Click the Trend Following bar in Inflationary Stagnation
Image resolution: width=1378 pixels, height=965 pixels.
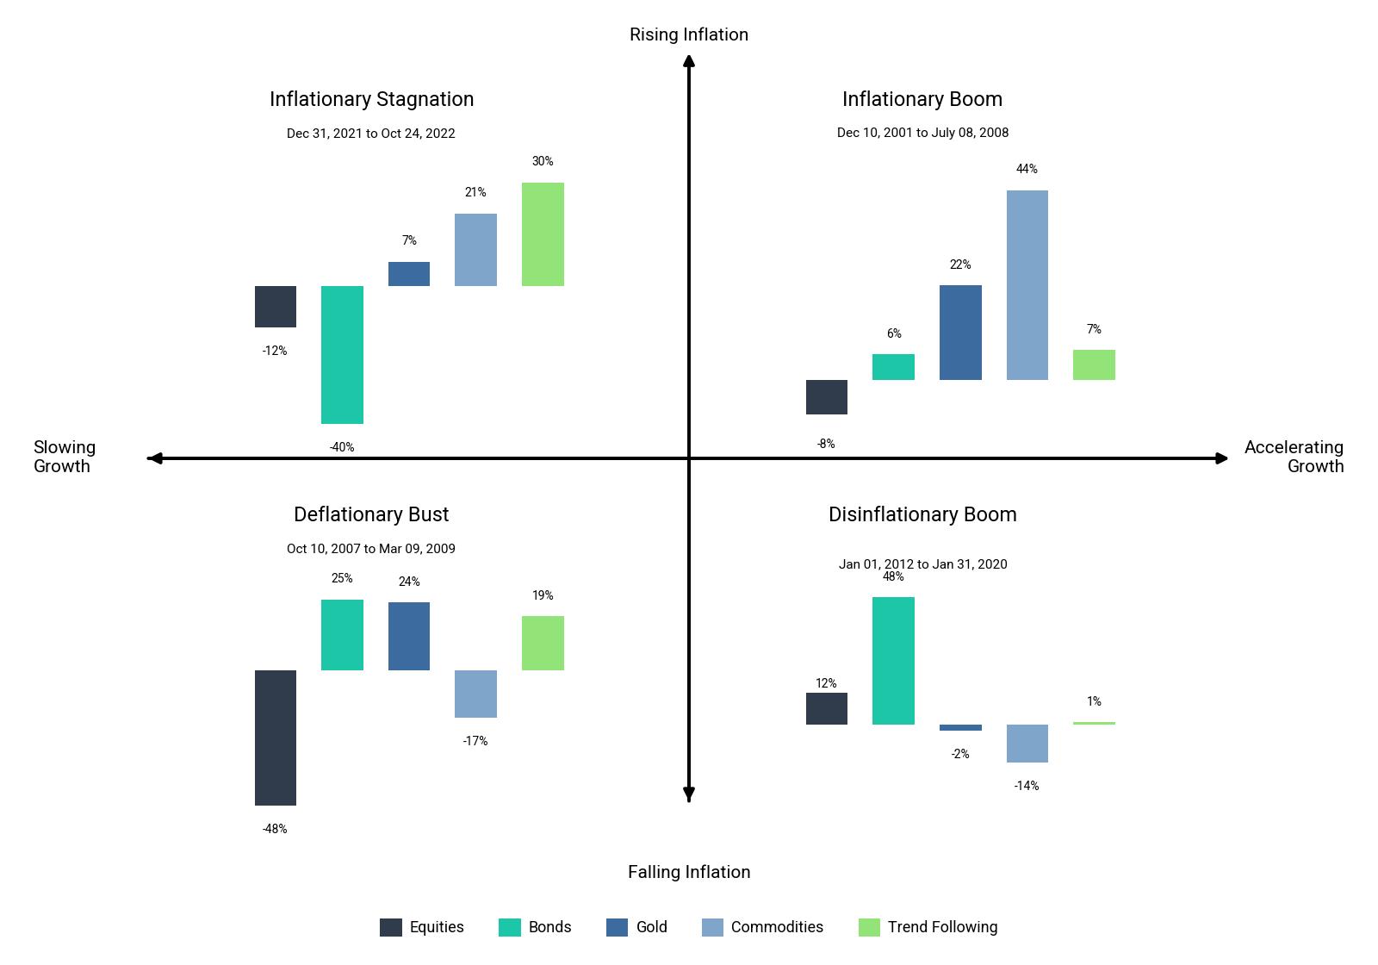543,234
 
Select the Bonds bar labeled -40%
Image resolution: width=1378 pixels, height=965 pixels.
342,355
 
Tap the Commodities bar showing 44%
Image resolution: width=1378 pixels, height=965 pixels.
1027,285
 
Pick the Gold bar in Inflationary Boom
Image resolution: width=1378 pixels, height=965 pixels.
960,333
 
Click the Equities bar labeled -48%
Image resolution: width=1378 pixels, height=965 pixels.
276,738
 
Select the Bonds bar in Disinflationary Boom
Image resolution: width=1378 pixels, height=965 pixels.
893,661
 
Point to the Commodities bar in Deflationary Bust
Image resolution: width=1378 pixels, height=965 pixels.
475,694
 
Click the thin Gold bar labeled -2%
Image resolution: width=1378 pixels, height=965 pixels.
960,727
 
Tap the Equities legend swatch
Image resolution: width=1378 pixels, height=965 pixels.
391,927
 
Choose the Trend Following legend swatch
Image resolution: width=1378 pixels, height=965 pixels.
869,927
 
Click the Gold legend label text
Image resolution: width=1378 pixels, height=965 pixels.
651,927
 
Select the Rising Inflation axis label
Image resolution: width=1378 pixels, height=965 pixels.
689,34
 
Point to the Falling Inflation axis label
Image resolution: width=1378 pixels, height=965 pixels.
689,872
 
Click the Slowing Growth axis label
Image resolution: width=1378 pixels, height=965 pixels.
64,457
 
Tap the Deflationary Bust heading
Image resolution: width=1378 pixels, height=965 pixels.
371,514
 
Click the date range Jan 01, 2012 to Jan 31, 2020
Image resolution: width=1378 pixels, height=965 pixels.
922,564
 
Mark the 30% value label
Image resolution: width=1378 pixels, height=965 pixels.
543,161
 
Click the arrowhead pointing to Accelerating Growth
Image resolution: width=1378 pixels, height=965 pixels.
1222,458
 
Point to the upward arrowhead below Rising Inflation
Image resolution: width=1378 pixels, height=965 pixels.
689,61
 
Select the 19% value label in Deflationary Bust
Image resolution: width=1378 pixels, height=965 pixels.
543,595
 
